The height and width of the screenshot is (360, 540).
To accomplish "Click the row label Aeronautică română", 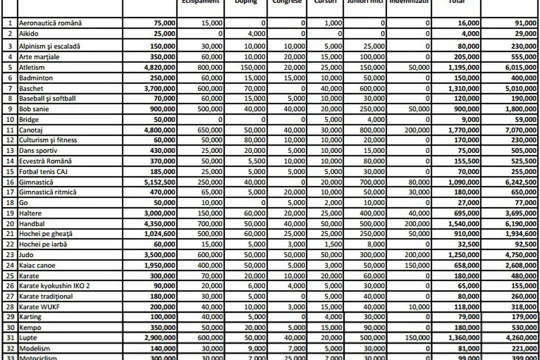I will [50, 23].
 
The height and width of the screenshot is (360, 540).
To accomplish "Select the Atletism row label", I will [32, 67].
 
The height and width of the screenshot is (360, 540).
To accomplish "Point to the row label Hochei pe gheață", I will [45, 234].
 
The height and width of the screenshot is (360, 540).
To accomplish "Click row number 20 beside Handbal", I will [10, 224].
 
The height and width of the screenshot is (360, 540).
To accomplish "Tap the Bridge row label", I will [29, 119].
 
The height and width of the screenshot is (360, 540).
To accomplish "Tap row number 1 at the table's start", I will [10, 23].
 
